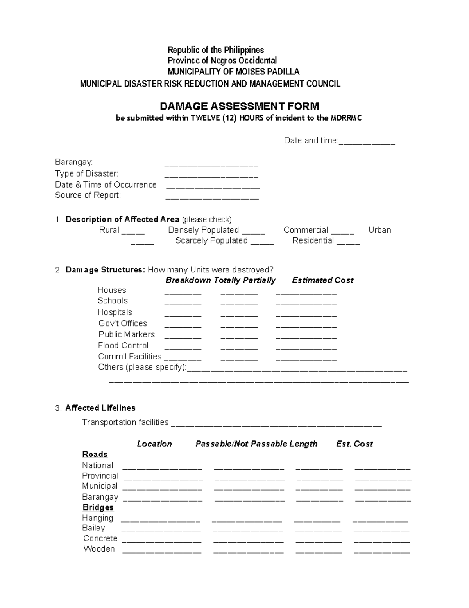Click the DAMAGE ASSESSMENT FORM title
click(x=240, y=106)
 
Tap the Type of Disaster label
click(x=86, y=173)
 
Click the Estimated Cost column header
click(x=322, y=280)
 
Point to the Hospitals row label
click(x=115, y=312)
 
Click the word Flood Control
click(x=123, y=345)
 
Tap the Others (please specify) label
click(x=142, y=367)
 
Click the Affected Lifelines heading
click(x=100, y=408)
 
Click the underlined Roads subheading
click(x=95, y=455)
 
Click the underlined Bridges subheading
click(x=98, y=508)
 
